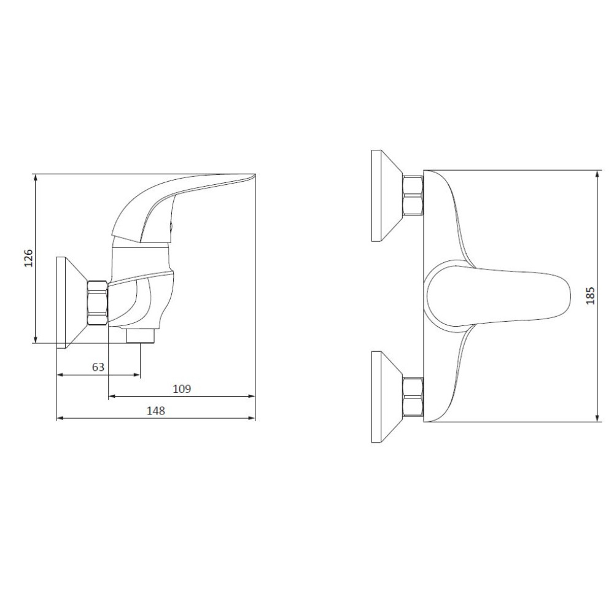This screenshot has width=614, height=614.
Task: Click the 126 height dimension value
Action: (29, 258)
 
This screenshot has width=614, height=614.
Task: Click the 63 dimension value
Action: (98, 367)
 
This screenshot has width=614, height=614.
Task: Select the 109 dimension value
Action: (182, 389)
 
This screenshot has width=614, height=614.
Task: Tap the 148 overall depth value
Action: (156, 411)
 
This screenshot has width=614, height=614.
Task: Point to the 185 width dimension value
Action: (590, 296)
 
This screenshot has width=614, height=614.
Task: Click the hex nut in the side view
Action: (98, 303)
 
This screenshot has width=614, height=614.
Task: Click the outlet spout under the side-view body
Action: (141, 336)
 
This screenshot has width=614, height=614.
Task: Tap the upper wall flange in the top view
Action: (387, 195)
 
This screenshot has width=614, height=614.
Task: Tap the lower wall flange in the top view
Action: (387, 397)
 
